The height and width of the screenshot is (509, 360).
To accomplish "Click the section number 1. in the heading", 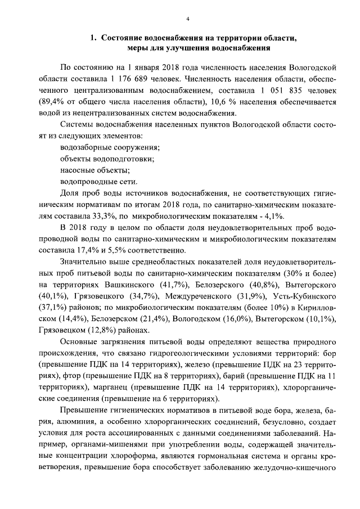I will (x=95, y=38).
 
